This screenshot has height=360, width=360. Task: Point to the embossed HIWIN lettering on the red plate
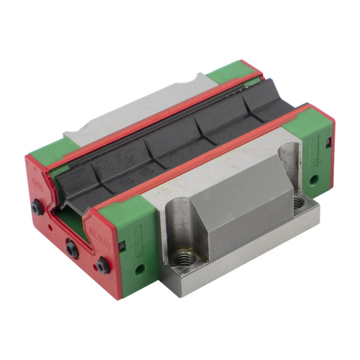(x=96, y=231)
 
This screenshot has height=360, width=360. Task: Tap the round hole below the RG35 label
(x=139, y=268)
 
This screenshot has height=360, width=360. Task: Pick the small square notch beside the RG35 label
(x=122, y=245)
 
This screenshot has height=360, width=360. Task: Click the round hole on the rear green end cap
(x=313, y=178)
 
